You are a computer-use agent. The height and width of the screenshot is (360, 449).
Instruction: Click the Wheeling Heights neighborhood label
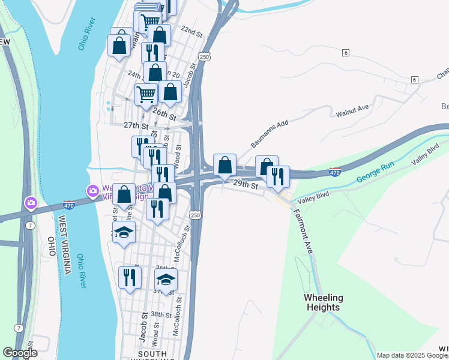[x=324, y=302]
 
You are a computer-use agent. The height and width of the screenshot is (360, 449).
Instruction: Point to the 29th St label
[x=246, y=185]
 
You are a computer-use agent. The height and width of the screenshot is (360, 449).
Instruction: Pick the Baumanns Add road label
[x=270, y=134]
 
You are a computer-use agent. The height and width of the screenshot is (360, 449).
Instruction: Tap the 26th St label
[x=164, y=113]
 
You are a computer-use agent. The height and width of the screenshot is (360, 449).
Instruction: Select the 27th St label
[x=136, y=125]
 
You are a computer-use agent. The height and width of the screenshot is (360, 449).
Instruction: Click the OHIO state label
[x=51, y=247]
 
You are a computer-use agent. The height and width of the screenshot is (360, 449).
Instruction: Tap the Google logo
[x=19, y=353]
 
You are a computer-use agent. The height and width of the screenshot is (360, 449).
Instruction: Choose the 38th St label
[x=161, y=314]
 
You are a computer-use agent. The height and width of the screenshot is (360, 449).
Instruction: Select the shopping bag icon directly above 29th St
[x=224, y=165]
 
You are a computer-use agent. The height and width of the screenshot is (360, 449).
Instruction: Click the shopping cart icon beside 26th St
[x=146, y=95]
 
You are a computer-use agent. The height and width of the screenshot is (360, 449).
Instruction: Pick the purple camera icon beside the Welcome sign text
[x=93, y=191]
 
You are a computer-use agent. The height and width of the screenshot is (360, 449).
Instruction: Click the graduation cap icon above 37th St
[x=166, y=279]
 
